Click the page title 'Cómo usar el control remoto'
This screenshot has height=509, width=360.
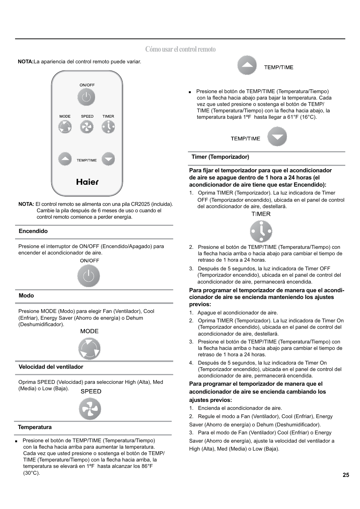point(180,49)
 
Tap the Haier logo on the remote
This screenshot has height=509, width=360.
point(87,182)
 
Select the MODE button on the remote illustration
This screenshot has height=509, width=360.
point(65,127)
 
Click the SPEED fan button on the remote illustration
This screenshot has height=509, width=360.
point(87,127)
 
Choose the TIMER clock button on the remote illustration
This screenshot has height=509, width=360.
point(108,127)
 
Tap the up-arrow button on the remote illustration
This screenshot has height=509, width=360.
point(65,159)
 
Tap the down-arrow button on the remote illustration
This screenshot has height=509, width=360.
point(108,159)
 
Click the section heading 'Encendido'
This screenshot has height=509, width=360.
point(33,231)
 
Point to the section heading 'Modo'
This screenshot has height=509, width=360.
point(26,296)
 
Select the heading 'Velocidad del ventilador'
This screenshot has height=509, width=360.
point(51,367)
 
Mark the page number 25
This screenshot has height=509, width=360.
point(346,475)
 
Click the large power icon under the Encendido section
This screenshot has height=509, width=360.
point(89,276)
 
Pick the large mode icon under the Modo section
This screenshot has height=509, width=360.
point(89,349)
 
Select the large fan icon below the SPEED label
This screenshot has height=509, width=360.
point(90,409)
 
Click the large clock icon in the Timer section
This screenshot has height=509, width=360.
point(261,231)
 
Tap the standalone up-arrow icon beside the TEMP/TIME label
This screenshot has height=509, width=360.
point(247,66)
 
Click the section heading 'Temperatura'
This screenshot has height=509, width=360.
point(35,427)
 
